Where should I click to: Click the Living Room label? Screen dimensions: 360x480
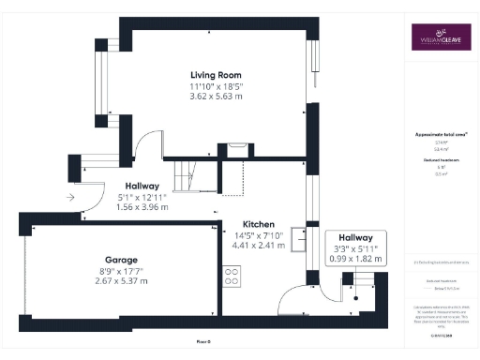pyautogui.click(x=216, y=75)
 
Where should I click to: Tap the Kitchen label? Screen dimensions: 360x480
pyautogui.click(x=259, y=225)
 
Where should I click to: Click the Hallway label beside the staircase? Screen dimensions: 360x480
pyautogui.click(x=138, y=186)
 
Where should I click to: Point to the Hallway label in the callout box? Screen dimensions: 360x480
pyautogui.click(x=356, y=238)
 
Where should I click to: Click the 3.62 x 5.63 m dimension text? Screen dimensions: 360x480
pyautogui.click(x=216, y=97)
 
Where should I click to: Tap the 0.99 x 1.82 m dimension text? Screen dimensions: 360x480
pyautogui.click(x=356, y=259)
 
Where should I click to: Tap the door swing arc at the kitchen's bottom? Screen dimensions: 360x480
pyautogui.click(x=293, y=297)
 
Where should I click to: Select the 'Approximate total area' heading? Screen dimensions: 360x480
pyautogui.click(x=442, y=134)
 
